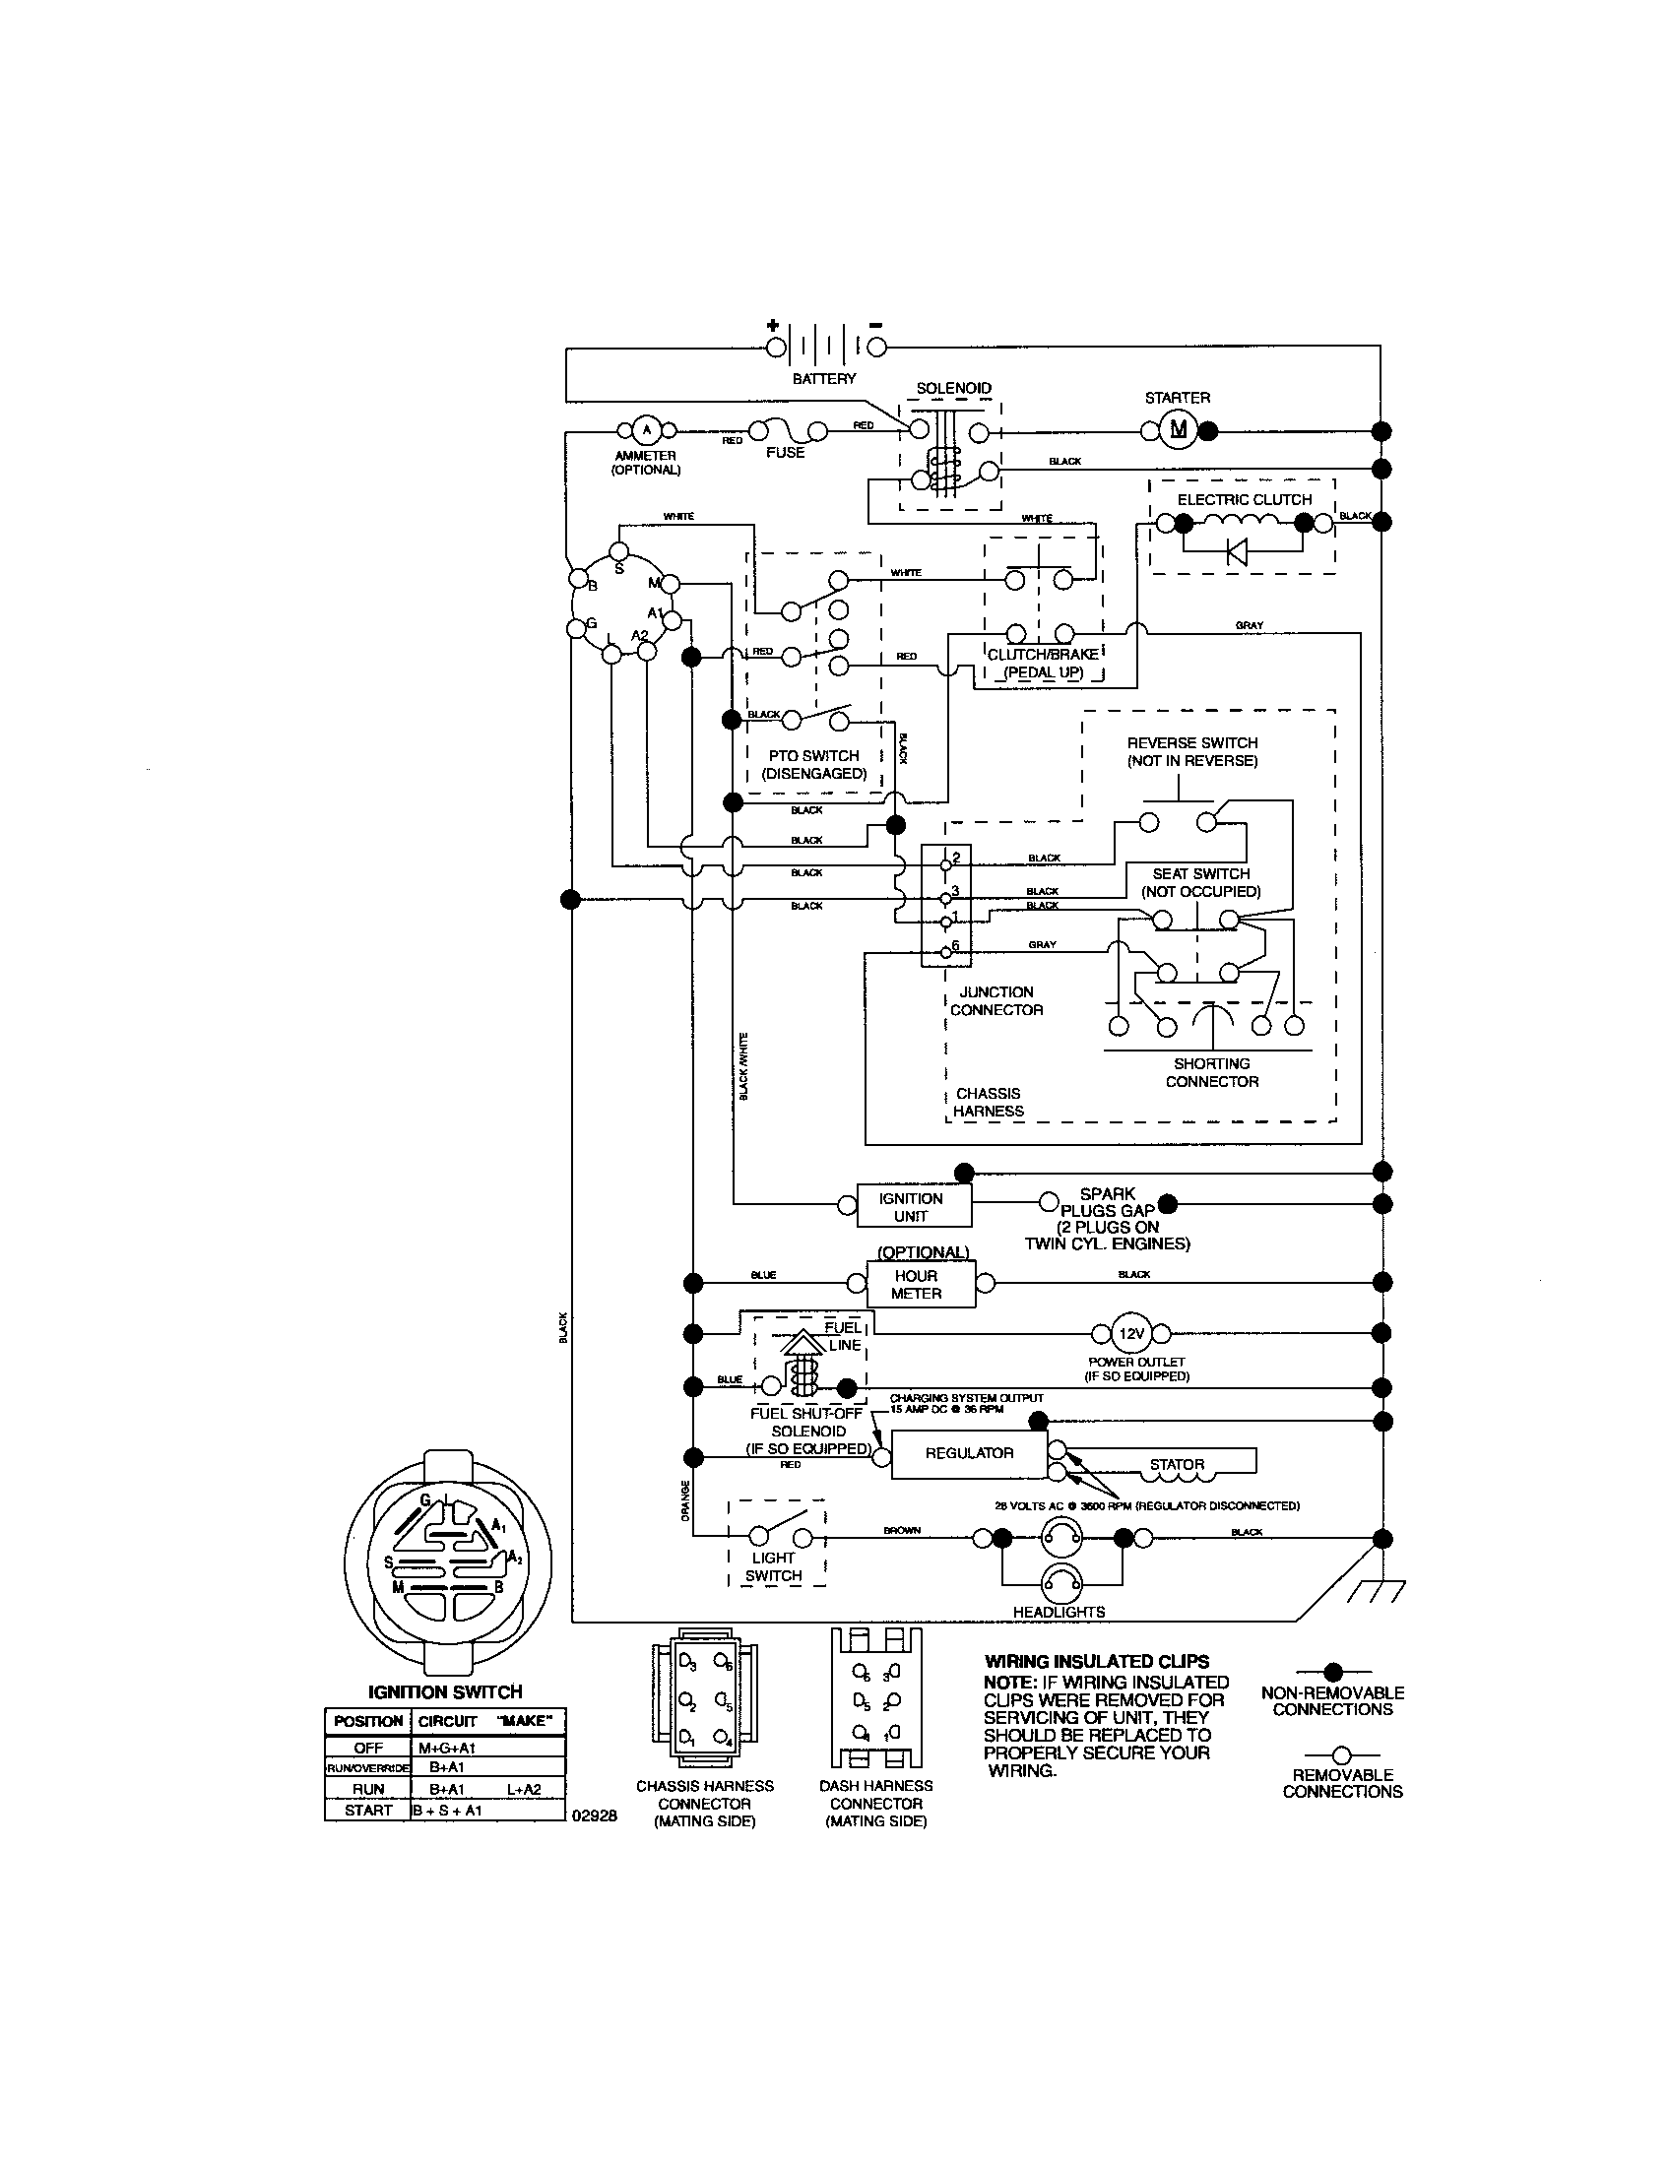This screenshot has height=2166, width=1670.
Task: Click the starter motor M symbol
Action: tap(1178, 429)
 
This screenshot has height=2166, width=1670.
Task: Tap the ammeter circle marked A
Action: tap(646, 429)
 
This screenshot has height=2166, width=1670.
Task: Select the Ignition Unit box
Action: tap(913, 1206)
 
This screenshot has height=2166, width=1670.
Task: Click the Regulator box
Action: tap(969, 1453)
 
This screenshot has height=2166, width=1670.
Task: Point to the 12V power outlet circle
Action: tap(1131, 1334)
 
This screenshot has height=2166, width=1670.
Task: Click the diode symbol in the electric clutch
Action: tap(1237, 551)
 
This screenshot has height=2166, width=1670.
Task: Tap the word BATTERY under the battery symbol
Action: tap(823, 379)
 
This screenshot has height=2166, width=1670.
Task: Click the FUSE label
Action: tap(785, 452)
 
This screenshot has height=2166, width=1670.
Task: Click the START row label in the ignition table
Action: tap(368, 1810)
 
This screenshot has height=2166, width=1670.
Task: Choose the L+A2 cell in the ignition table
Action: tap(524, 1788)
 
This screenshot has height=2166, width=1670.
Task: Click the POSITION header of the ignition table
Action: tap(368, 1721)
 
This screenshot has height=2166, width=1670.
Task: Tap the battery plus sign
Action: tap(773, 325)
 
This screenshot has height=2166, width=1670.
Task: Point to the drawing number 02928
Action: tap(595, 1816)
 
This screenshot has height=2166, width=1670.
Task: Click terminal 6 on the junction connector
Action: tap(946, 950)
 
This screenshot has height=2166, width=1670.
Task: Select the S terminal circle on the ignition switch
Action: tap(617, 550)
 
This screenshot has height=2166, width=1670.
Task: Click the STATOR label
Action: tap(1176, 1464)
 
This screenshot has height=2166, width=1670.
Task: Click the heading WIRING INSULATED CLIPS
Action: tap(1096, 1661)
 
